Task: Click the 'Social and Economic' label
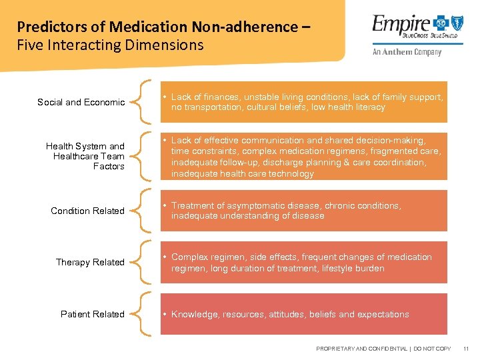pyautogui.click(x=81, y=102)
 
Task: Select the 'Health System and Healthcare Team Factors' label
pyautogui.click(x=85, y=156)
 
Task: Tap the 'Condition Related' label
pyautogui.click(x=87, y=211)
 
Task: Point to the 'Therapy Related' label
pyautogui.click(x=90, y=262)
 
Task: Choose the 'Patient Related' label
pyautogui.click(x=92, y=314)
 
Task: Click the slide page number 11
pyautogui.click(x=466, y=349)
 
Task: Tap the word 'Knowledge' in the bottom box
pyautogui.click(x=194, y=314)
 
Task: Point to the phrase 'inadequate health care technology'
pyautogui.click(x=242, y=174)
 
